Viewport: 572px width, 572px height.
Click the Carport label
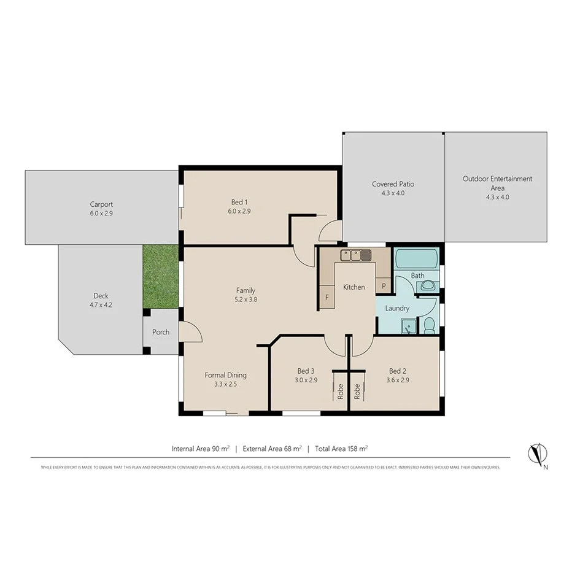point(101,204)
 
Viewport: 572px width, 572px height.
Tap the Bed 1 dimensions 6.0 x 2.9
point(239,211)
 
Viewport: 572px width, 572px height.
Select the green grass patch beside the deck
point(161,277)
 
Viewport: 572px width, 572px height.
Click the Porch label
point(161,332)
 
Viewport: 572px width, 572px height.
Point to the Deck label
point(101,296)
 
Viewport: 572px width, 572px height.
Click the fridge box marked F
point(327,298)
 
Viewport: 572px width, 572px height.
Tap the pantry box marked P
point(384,286)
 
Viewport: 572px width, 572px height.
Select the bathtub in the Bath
point(416,259)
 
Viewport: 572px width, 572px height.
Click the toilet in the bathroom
point(429,325)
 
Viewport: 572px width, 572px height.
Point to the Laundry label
point(397,308)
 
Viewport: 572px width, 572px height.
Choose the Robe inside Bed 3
point(340,391)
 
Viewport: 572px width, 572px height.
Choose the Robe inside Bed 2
point(357,391)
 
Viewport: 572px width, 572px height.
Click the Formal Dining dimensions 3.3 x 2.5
point(225,384)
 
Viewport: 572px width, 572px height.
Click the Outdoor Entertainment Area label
point(497,183)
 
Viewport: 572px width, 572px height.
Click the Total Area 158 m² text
point(341,449)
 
